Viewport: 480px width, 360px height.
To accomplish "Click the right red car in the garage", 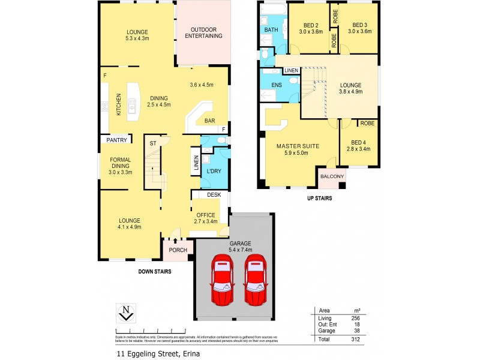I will (x=255, y=280).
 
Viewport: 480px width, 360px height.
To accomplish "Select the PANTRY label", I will (x=116, y=140).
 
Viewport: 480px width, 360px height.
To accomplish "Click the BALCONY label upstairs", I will (x=332, y=176).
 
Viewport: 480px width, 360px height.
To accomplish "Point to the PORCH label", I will (x=178, y=250).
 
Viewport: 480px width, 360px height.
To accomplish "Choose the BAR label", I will (x=210, y=121).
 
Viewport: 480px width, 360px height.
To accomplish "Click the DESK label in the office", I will (x=214, y=195).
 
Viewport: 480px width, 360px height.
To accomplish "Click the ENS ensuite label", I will (x=277, y=85).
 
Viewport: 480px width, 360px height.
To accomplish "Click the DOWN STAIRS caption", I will (x=155, y=271).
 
